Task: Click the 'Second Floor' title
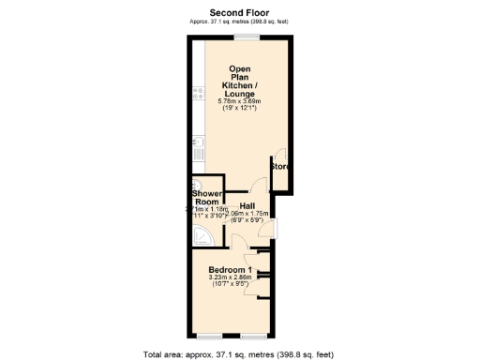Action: (239, 12)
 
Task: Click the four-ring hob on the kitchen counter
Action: (198, 92)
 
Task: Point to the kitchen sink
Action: (198, 143)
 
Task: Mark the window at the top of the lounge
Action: (247, 37)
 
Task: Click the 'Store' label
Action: (279, 166)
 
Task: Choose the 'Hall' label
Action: (248, 204)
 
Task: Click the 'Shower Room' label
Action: (206, 198)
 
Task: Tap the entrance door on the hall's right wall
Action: (273, 224)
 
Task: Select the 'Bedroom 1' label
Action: (231, 270)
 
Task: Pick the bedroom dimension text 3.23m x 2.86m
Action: (231, 278)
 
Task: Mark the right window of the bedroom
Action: (253, 335)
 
